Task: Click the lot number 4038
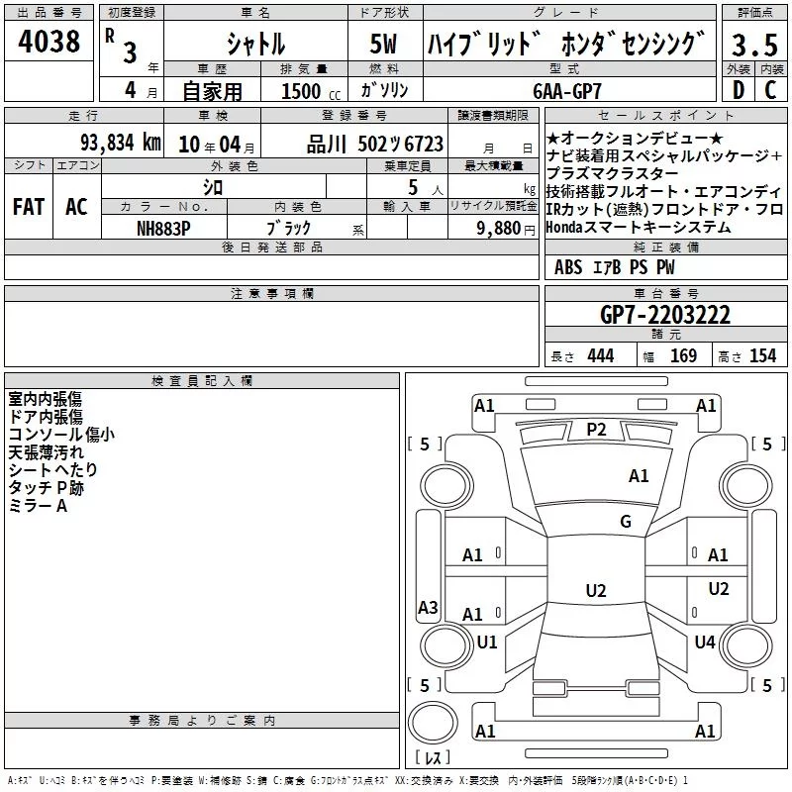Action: (x=49, y=41)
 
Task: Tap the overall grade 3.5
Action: (x=754, y=45)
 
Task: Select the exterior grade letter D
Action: (x=739, y=90)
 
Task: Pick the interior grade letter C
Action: (x=770, y=90)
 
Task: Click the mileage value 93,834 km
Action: (x=121, y=143)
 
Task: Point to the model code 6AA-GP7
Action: (x=567, y=91)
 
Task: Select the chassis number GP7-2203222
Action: (x=665, y=315)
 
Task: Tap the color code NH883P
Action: (x=163, y=229)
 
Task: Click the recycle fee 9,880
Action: (x=499, y=229)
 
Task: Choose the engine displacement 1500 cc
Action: (x=311, y=91)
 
